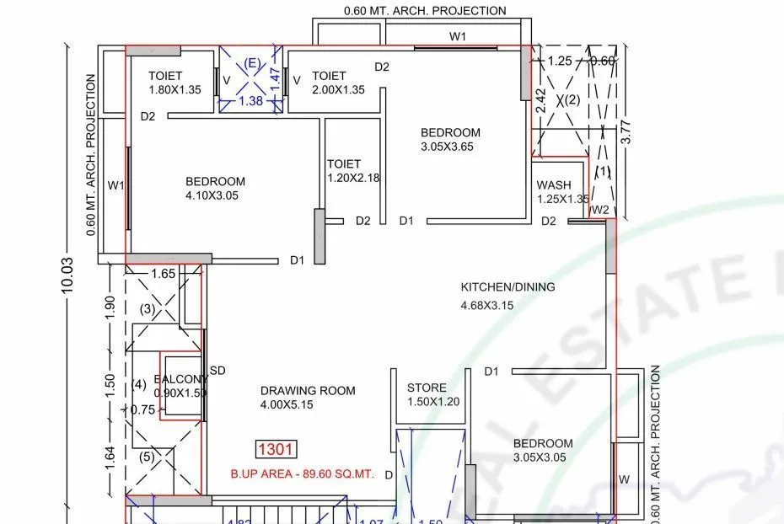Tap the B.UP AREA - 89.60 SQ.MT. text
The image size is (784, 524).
pyautogui.click(x=302, y=474)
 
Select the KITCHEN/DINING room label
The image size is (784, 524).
pyautogui.click(x=507, y=286)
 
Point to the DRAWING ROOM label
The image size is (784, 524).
pyautogui.click(x=308, y=391)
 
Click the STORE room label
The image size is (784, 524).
pyautogui.click(x=427, y=388)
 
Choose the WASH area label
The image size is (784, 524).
pyautogui.click(x=553, y=185)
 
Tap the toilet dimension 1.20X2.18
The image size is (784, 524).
pyautogui.click(x=353, y=178)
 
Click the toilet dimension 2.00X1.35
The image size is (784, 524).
pyautogui.click(x=338, y=90)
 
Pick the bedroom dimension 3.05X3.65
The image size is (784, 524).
pyautogui.click(x=450, y=147)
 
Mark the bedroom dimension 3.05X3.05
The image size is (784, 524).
pyautogui.click(x=543, y=457)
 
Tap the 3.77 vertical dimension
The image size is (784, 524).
pyautogui.click(x=626, y=133)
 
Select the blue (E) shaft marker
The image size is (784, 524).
pyautogui.click(x=250, y=64)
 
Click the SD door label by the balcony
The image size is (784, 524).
pyautogui.click(x=217, y=371)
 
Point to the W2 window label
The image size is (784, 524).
pyautogui.click(x=599, y=210)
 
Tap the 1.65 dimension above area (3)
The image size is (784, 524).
pyautogui.click(x=163, y=274)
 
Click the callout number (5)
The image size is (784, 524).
pyautogui.click(x=147, y=457)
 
